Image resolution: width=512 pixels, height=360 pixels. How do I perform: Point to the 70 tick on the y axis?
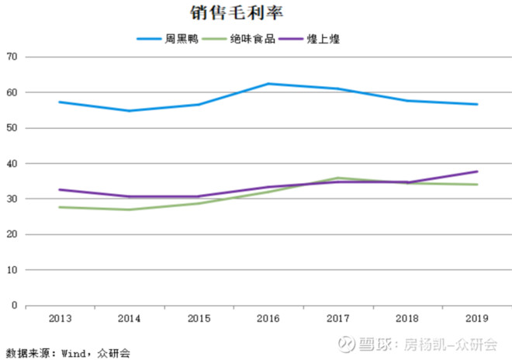coord(11,57)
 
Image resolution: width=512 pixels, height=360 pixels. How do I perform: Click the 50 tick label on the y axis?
coord(11,128)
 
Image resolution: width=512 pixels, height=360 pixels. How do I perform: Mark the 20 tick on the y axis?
coord(11,234)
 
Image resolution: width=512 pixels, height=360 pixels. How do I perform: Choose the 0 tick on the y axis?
coord(14,306)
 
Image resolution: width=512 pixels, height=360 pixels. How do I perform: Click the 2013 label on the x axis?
coord(60,319)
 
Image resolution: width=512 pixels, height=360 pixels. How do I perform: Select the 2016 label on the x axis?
coord(268,319)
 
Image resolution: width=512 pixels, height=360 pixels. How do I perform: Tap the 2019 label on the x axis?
coord(476,319)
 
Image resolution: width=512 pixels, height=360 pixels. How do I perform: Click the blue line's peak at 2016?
coord(268,84)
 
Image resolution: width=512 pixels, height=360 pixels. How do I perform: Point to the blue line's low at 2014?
coord(130,111)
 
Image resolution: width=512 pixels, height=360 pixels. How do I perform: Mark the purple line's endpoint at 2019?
coord(476,171)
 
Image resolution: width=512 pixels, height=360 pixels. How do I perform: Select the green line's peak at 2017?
coord(338,178)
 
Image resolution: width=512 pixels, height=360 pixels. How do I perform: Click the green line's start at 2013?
coord(60,207)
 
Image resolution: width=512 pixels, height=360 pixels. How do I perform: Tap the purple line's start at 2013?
coord(60,189)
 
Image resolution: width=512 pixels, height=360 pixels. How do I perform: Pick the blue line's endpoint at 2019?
coord(476,104)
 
